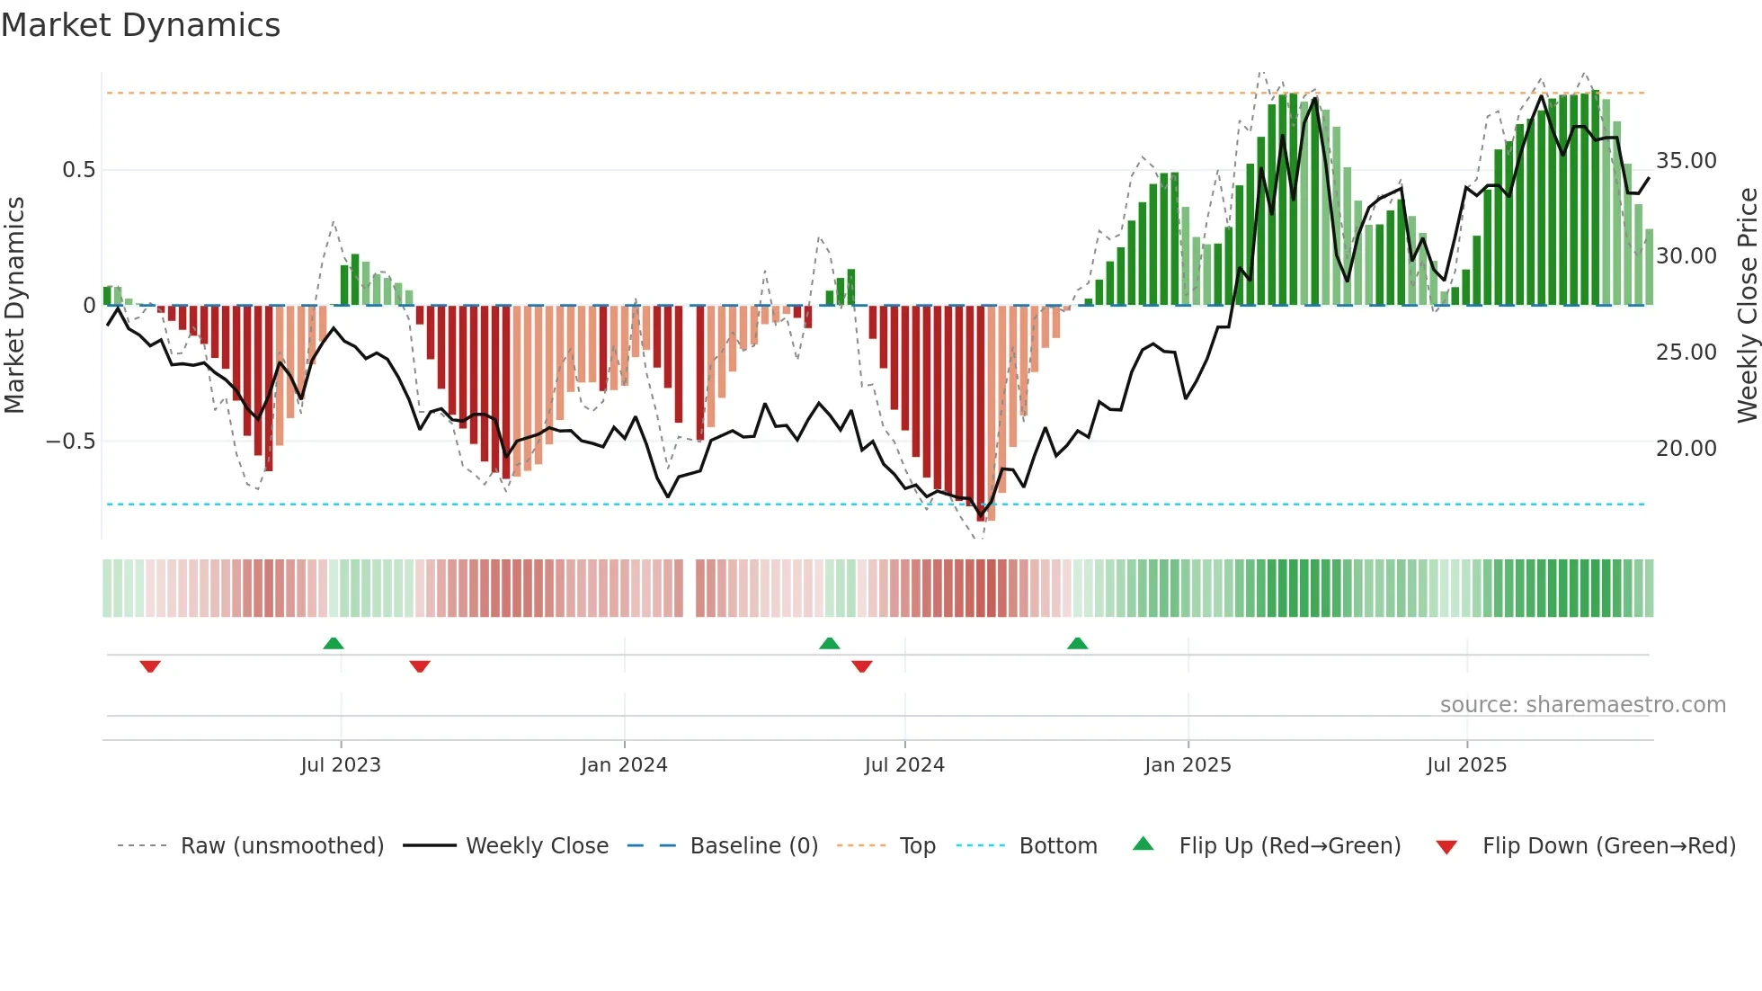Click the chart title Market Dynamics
(141, 25)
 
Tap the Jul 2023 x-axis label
(341, 764)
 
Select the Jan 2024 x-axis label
(624, 764)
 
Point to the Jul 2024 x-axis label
(904, 764)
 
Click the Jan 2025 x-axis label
(1188, 764)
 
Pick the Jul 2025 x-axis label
(1466, 764)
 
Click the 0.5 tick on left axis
(78, 170)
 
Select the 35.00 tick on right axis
(1686, 161)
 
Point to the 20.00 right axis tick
(1686, 448)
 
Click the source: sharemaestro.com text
(1582, 705)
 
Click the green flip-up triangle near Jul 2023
(334, 644)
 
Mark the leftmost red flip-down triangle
(150, 666)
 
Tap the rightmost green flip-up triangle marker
(1077, 644)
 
